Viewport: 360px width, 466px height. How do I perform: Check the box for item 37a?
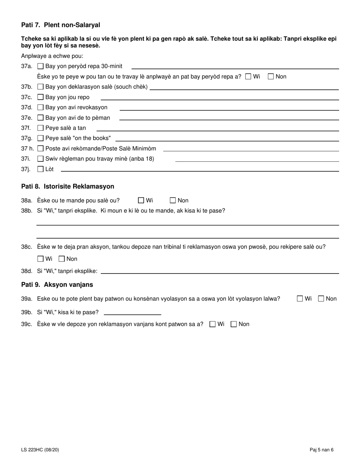click(x=41, y=66)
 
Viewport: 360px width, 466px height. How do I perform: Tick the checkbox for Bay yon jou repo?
click(x=41, y=97)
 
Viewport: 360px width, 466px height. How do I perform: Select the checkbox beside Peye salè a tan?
click(x=41, y=128)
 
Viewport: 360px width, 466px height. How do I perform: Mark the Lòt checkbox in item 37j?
click(x=41, y=169)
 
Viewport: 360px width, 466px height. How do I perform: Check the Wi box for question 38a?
click(x=141, y=200)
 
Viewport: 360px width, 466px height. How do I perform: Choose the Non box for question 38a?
click(x=173, y=200)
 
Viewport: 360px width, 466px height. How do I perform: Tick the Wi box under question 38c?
click(x=41, y=259)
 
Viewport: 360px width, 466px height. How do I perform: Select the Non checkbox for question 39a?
click(x=321, y=299)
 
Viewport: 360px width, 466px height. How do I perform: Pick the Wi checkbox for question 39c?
click(x=213, y=324)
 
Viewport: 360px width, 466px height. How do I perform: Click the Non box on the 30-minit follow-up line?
click(x=271, y=77)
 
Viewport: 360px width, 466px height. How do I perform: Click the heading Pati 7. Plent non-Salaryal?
click(x=61, y=25)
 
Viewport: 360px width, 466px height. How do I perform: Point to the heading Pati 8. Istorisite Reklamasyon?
click(x=67, y=186)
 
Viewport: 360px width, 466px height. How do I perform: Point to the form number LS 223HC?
click(x=40, y=450)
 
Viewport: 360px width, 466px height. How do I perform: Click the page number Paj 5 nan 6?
click(x=321, y=450)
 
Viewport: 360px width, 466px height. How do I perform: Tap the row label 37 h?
click(x=27, y=149)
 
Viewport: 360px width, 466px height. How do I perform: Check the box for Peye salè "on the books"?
click(x=41, y=138)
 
